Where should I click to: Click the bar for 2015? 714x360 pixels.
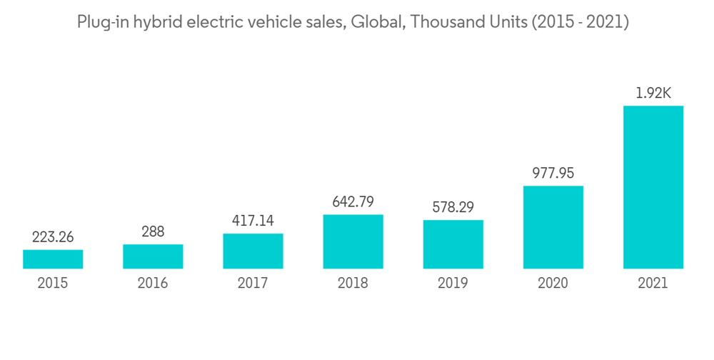click(53, 259)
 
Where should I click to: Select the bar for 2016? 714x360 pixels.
click(153, 256)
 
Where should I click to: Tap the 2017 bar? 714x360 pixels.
click(253, 251)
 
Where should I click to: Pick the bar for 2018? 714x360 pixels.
click(353, 241)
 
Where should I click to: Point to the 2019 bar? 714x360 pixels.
click(453, 244)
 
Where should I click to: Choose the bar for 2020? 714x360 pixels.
click(553, 227)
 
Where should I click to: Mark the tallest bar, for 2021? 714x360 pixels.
click(653, 187)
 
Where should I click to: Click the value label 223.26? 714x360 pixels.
click(53, 237)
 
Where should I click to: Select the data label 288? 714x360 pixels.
click(153, 232)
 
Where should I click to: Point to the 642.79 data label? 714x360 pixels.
click(353, 202)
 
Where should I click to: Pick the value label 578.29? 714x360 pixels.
click(453, 208)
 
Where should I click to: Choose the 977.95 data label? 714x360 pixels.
click(553, 174)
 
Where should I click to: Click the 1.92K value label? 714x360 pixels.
click(653, 94)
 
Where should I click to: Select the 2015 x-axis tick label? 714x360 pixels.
click(53, 284)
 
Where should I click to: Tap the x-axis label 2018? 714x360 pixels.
click(353, 284)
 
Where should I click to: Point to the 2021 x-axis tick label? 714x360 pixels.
click(653, 284)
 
